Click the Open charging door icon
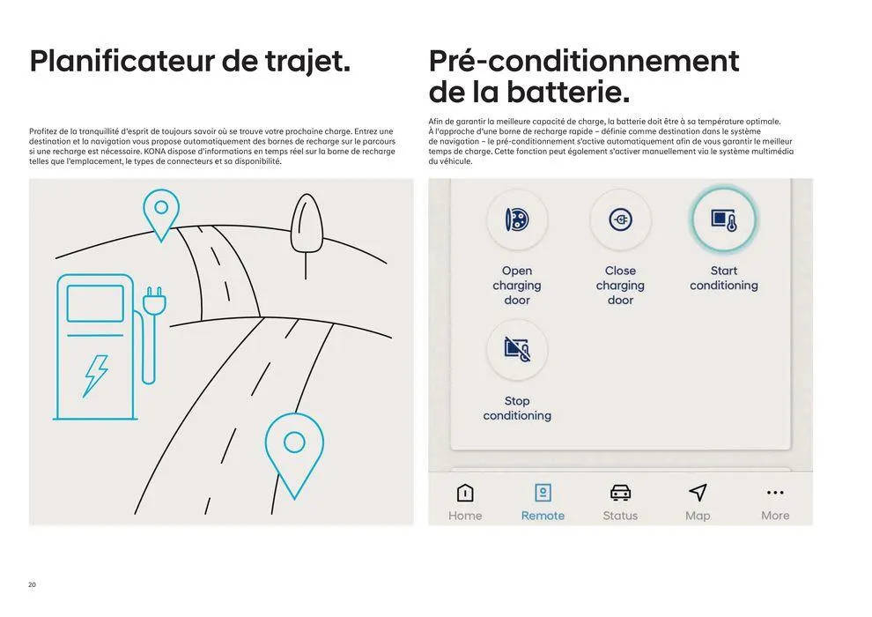click(517, 219)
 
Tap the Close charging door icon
click(620, 219)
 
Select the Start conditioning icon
click(723, 219)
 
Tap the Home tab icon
click(464, 493)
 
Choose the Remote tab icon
click(543, 493)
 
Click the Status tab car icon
click(620, 493)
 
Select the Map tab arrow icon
click(698, 493)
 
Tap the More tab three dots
click(775, 493)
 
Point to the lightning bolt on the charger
click(95, 375)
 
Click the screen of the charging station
click(95, 303)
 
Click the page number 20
click(33, 584)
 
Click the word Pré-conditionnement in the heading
click(583, 62)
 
